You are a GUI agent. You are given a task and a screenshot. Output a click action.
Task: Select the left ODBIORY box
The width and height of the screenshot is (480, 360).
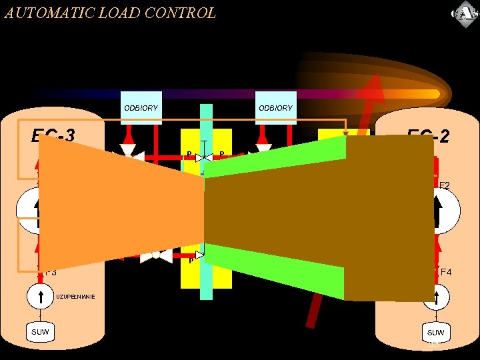(x=141, y=107)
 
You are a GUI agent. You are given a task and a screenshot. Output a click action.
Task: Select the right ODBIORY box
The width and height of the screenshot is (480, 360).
(x=275, y=107)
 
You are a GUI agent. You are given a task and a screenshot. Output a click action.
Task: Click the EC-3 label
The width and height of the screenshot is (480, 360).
(x=53, y=136)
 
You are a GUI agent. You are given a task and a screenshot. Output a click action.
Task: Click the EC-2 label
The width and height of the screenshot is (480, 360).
(x=428, y=137)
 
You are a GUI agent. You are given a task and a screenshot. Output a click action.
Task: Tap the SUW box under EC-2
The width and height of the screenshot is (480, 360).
(x=435, y=332)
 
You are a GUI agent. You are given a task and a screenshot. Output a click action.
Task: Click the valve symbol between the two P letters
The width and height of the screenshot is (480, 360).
(x=204, y=157)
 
